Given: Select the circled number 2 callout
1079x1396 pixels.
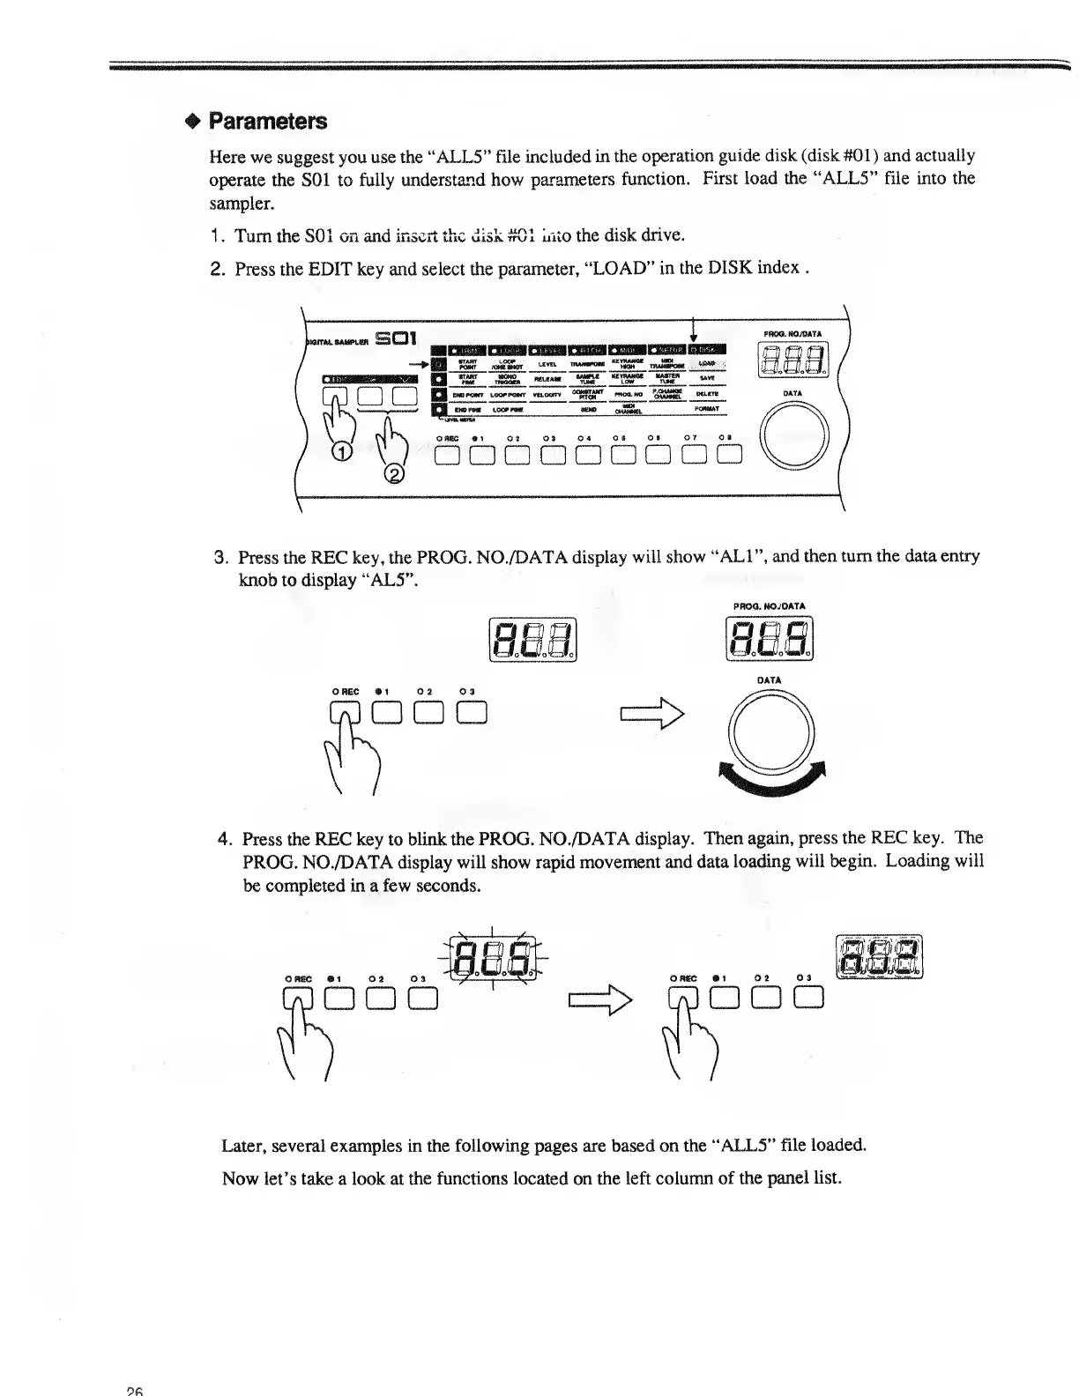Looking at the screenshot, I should click(x=395, y=475).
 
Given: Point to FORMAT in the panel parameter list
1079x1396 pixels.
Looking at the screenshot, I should click(x=707, y=409).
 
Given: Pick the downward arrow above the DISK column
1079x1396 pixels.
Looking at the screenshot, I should click(x=696, y=331).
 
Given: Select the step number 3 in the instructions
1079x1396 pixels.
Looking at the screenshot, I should click(x=221, y=558).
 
